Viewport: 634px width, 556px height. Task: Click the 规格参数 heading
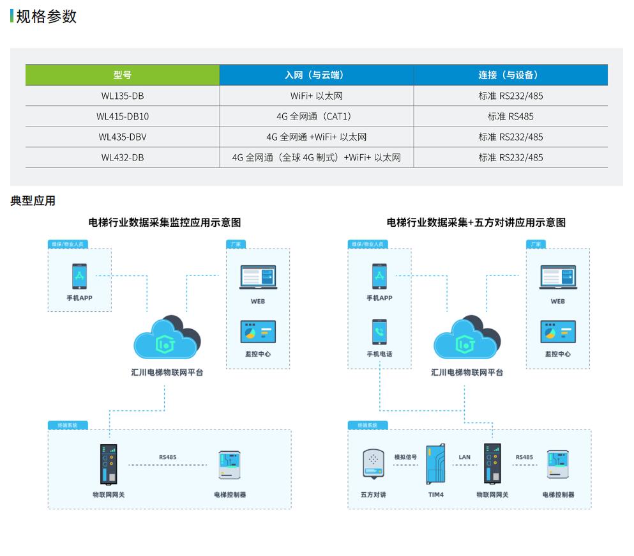click(x=46, y=17)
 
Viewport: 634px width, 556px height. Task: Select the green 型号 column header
click(x=123, y=75)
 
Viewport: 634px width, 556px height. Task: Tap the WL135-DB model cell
click(x=123, y=96)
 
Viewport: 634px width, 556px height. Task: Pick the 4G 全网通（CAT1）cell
click(x=316, y=116)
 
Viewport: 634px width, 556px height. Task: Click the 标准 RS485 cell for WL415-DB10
click(x=510, y=116)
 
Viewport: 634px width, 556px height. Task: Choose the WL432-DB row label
click(x=123, y=157)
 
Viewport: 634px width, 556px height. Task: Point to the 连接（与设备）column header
click(x=510, y=75)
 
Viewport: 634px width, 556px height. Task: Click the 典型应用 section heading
click(x=33, y=201)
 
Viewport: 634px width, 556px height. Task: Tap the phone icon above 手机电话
click(x=380, y=332)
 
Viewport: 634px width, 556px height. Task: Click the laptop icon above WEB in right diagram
click(x=557, y=277)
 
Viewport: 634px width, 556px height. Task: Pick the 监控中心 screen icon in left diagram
click(x=258, y=332)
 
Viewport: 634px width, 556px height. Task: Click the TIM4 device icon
click(x=436, y=465)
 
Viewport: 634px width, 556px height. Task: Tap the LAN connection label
click(x=464, y=457)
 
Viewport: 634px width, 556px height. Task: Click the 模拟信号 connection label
click(x=405, y=457)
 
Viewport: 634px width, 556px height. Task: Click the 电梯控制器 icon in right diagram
click(x=557, y=465)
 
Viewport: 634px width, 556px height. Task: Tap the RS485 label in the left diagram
click(x=168, y=457)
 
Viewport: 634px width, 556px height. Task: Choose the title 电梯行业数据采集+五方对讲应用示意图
click(x=476, y=222)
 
